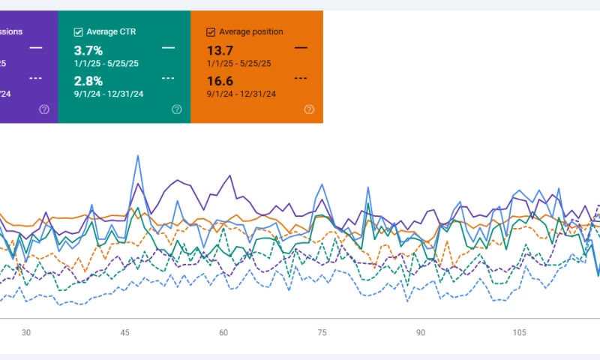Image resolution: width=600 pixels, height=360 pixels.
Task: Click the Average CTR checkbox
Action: [78, 32]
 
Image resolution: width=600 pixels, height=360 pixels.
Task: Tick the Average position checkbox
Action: [211, 32]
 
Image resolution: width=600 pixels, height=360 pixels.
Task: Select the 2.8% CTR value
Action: [88, 80]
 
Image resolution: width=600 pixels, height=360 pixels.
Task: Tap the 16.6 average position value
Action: [220, 80]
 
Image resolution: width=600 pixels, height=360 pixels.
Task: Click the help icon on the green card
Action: [177, 109]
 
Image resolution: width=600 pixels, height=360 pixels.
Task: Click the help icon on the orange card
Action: [309, 109]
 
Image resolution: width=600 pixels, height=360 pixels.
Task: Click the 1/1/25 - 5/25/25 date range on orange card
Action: [241, 63]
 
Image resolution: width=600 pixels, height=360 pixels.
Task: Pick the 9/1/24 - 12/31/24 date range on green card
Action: [109, 94]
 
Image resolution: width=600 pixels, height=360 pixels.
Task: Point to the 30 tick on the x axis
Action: [26, 332]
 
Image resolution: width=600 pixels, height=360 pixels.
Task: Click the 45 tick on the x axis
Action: [124, 332]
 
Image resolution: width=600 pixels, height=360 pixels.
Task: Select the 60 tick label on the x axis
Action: [223, 332]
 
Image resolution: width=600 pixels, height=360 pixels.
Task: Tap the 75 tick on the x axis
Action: [322, 332]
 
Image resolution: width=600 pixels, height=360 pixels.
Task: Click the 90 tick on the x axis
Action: [421, 332]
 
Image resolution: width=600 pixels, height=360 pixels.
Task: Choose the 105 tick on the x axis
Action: [519, 332]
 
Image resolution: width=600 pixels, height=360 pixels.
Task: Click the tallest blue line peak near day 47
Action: [138, 157]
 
